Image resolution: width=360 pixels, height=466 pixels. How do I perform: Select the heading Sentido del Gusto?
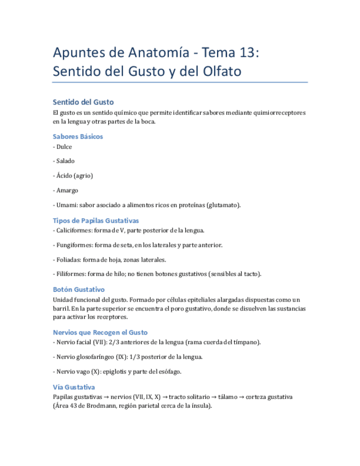coord(83,102)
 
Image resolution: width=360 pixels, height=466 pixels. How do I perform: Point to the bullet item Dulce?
coord(64,147)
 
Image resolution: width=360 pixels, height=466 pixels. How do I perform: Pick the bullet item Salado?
coord(65,161)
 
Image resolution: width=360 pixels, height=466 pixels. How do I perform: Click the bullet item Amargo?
coord(65,190)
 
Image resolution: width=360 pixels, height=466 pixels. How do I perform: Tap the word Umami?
coord(66,205)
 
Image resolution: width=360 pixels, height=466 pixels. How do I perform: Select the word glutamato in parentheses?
coord(223,205)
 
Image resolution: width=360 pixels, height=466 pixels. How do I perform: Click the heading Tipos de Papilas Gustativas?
coord(96,220)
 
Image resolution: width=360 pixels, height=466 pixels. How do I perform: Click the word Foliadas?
coord(69,259)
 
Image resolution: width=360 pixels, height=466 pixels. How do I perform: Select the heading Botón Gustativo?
coord(79,289)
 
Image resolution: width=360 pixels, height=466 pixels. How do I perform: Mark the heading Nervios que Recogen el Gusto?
coord(100,332)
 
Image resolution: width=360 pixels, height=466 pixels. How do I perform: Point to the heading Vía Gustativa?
coord(74,386)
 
